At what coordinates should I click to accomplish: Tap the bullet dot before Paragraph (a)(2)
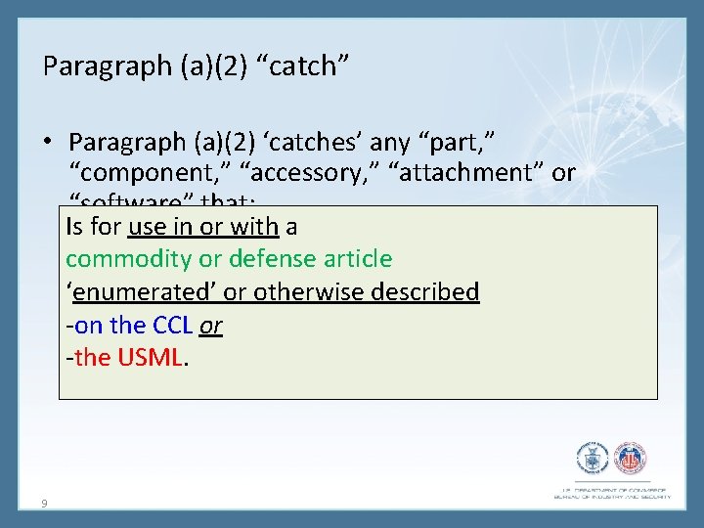pyautogui.click(x=49, y=143)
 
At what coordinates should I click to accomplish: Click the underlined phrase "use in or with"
pyautogui.click(x=204, y=227)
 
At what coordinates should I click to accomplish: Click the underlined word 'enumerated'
pyautogui.click(x=141, y=292)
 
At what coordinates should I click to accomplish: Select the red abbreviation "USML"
pyautogui.click(x=150, y=358)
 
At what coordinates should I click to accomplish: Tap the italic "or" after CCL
pyautogui.click(x=211, y=325)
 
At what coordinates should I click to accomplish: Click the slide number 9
pyautogui.click(x=45, y=504)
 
